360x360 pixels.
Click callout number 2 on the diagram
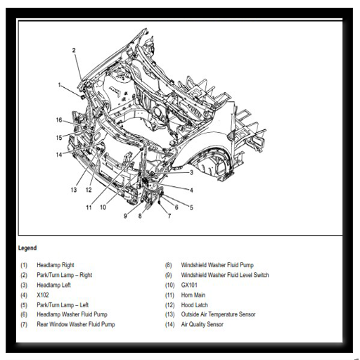[x=74, y=50]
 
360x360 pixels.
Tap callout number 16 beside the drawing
[x=59, y=120]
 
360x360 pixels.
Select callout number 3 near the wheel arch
[x=191, y=172]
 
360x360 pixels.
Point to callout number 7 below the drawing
[x=169, y=216]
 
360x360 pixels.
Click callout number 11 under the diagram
[x=89, y=207]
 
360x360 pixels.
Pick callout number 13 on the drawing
[x=74, y=190]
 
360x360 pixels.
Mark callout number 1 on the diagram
[x=59, y=84]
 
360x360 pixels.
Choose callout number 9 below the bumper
[x=125, y=216]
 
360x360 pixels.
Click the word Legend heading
[x=27, y=248]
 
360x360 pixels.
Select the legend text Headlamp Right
[x=56, y=265]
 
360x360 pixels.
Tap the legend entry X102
[x=43, y=295]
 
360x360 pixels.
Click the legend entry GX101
[x=189, y=285]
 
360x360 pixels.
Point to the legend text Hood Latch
[x=195, y=305]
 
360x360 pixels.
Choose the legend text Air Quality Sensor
[x=202, y=324]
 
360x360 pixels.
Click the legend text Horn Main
[x=193, y=295]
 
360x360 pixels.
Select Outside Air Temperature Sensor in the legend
[x=218, y=314]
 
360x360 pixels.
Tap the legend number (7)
[x=24, y=325]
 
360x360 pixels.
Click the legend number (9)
[x=169, y=275]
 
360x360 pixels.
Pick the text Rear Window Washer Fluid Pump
[x=76, y=324]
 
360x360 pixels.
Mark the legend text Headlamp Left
[x=53, y=285]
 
